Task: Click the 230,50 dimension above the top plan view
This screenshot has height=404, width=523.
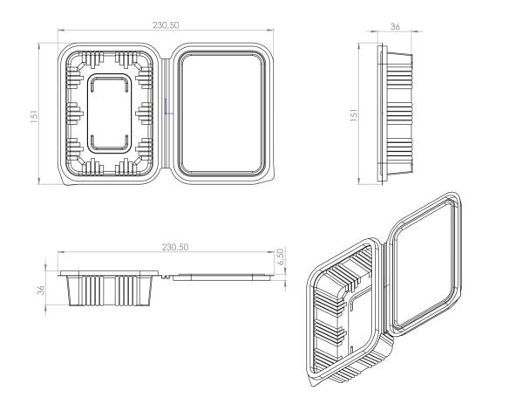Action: point(166,25)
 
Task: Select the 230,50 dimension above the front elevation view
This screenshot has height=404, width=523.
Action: point(175,247)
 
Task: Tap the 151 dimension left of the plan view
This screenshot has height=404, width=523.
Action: point(35,117)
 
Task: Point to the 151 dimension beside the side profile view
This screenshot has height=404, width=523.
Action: point(354,114)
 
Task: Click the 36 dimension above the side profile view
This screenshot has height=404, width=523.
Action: point(395,26)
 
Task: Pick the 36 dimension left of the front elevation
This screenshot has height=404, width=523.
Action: point(41,290)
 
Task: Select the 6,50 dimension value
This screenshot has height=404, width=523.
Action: point(281,257)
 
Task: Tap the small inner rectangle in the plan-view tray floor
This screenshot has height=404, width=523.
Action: point(110,113)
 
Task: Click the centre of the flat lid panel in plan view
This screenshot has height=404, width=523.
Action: point(221,113)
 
